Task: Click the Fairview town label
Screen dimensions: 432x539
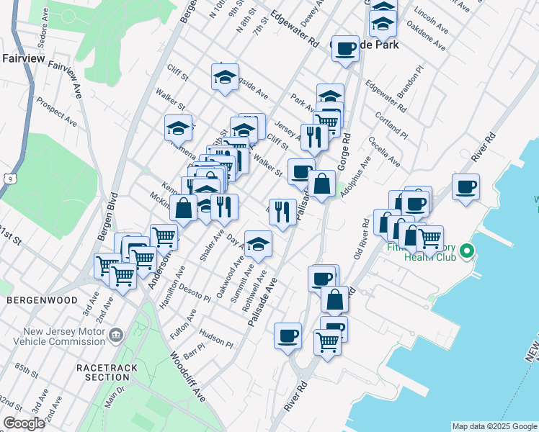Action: click(24, 58)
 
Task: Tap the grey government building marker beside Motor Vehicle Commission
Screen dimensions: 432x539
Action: click(115, 335)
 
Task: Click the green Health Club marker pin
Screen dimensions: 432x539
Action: click(467, 252)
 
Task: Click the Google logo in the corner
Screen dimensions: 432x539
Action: click(24, 423)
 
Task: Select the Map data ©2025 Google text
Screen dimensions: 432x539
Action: click(494, 426)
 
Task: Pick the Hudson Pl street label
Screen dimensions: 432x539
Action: click(215, 339)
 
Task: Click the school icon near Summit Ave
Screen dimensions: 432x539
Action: click(257, 244)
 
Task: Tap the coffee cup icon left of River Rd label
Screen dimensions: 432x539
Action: click(288, 335)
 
